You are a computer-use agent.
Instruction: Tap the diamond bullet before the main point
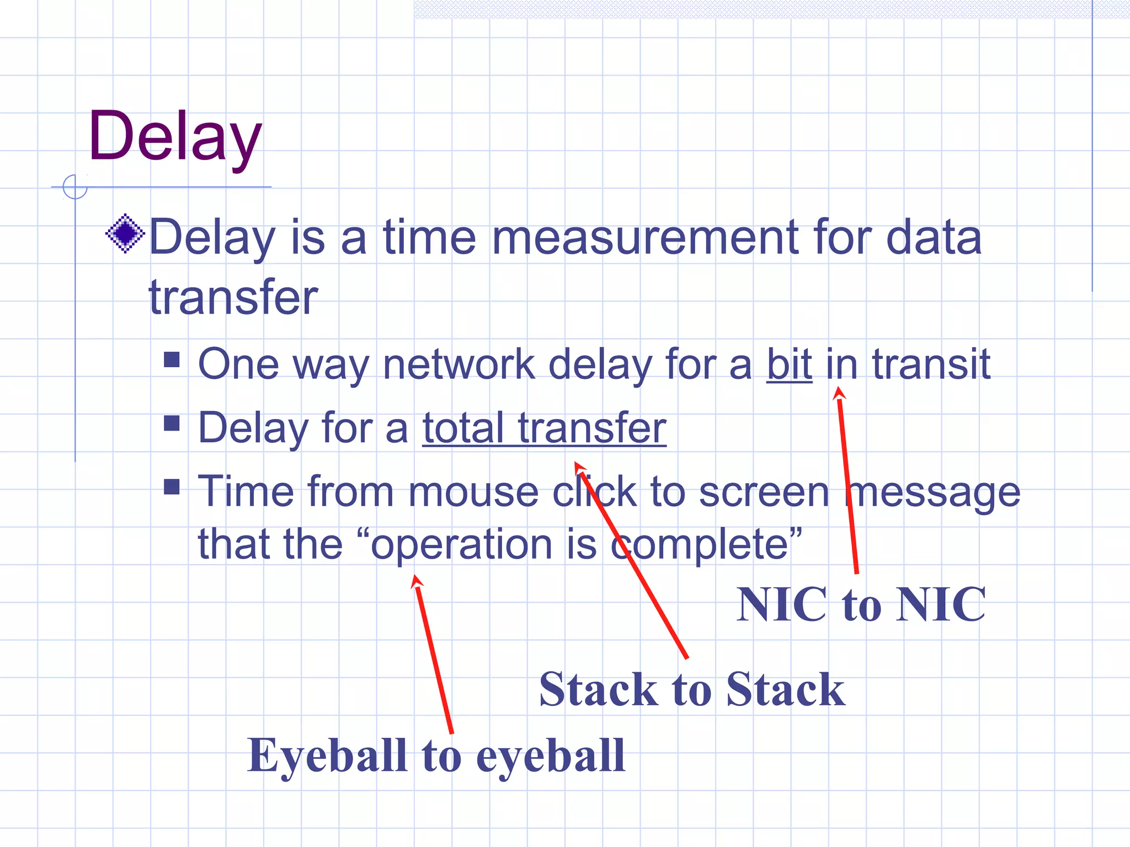(125, 233)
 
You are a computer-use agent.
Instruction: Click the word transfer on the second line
(233, 298)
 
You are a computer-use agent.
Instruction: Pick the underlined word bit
(789, 364)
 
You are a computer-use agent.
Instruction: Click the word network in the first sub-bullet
(459, 364)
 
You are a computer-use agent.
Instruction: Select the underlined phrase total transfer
(544, 428)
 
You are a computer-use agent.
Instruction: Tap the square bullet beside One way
(172, 360)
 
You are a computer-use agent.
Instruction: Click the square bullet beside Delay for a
(172, 423)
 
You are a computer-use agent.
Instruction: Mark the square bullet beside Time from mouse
(172, 487)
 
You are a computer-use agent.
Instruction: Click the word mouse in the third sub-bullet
(473, 492)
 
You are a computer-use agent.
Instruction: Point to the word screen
(764, 492)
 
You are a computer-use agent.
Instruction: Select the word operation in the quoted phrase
(461, 545)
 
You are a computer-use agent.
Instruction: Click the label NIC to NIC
(861, 605)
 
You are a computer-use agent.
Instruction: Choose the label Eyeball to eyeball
(436, 755)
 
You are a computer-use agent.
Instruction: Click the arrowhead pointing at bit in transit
(839, 393)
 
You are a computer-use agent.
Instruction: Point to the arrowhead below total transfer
(579, 468)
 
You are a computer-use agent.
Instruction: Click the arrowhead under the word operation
(417, 581)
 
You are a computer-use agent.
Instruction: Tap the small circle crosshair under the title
(75, 187)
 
